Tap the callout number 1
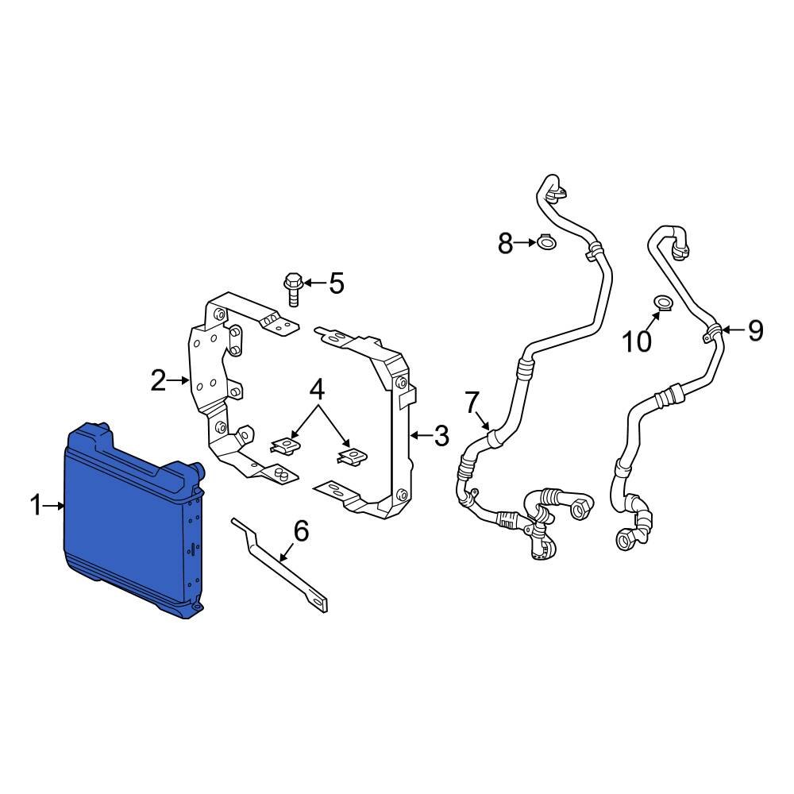[x=35, y=505]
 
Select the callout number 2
[x=159, y=382]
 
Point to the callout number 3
[x=441, y=435]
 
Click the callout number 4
[x=317, y=390]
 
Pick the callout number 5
[x=337, y=283]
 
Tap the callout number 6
[x=301, y=530]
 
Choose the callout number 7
[x=472, y=403]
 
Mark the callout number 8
[x=506, y=243]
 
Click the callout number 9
[x=754, y=330]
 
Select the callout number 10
[x=637, y=341]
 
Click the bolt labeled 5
[x=292, y=289]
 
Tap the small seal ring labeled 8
[x=546, y=241]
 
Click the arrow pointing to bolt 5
[x=314, y=283]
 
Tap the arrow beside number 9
[x=732, y=329]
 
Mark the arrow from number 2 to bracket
[x=178, y=382]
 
